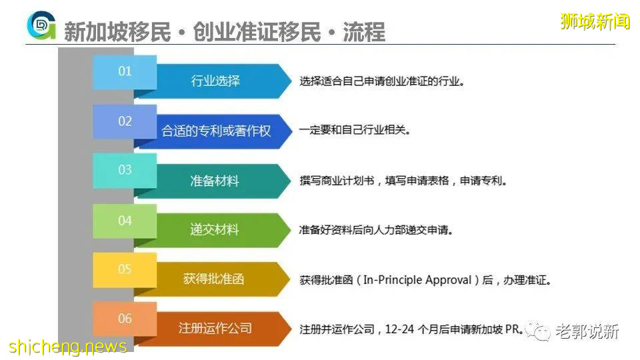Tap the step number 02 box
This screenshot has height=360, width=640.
tap(125, 121)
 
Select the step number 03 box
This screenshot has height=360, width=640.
tap(125, 171)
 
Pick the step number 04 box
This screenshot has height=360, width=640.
tap(125, 220)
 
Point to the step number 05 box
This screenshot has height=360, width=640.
tap(125, 269)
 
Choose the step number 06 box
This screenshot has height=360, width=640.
tap(125, 319)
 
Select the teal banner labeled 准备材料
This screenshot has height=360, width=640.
tap(215, 181)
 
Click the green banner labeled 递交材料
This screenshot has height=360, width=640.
tap(215, 230)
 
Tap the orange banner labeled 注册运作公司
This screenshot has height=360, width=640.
tap(215, 328)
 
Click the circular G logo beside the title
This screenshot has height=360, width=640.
tap(41, 26)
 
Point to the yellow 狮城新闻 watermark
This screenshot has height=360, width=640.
tap(595, 21)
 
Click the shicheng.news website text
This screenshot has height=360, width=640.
tap(68, 347)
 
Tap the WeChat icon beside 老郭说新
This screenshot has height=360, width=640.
tap(537, 331)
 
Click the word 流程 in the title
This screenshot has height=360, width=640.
tap(363, 32)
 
